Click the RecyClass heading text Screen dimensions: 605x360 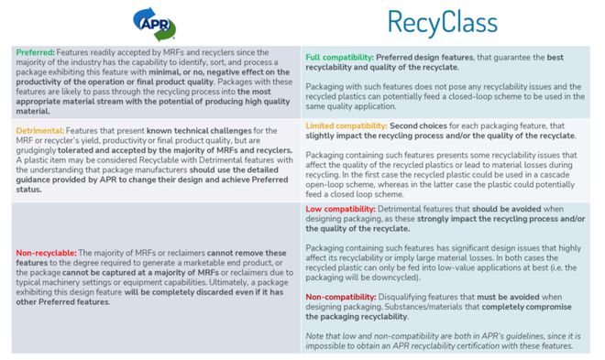pos(444,21)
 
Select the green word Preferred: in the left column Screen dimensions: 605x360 pos(35,53)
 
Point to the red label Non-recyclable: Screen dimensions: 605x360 pos(51,251)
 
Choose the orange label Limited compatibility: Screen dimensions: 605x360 pos(349,125)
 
